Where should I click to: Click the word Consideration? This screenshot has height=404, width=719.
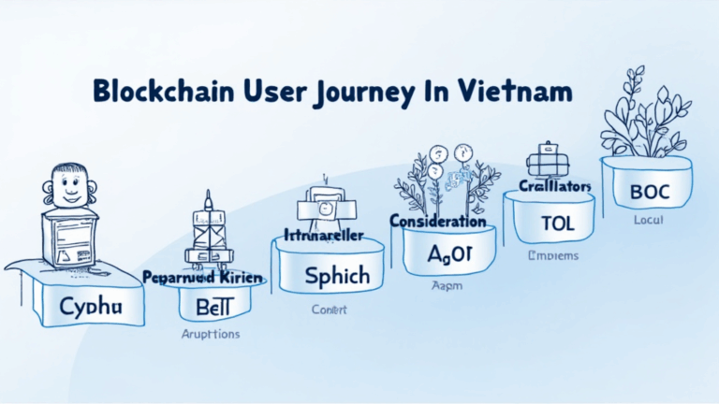coord(437,222)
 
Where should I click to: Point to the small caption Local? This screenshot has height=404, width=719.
coord(648,220)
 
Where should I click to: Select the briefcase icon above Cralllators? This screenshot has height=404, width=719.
coord(546,160)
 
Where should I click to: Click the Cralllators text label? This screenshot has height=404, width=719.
coord(554,186)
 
